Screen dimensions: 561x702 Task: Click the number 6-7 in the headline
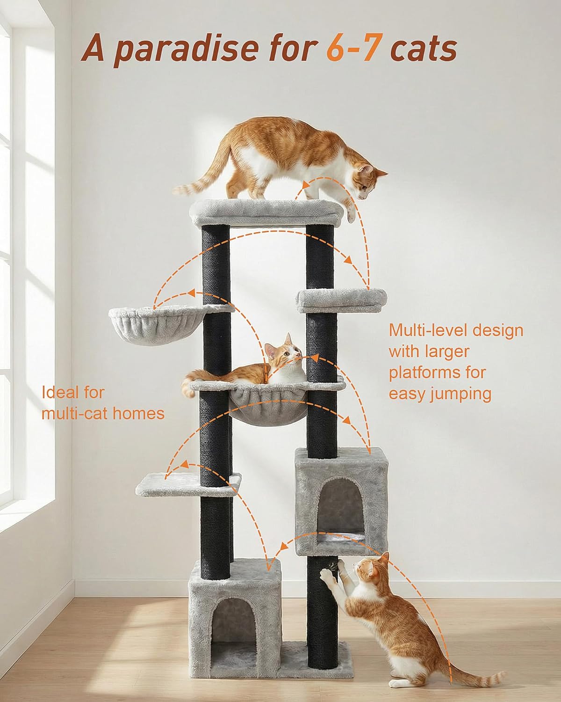(353, 49)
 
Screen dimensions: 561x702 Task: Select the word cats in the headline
(424, 50)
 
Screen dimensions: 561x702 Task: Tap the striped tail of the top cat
(202, 176)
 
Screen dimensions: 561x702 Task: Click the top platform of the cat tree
(266, 212)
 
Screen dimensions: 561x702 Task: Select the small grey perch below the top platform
(342, 300)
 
